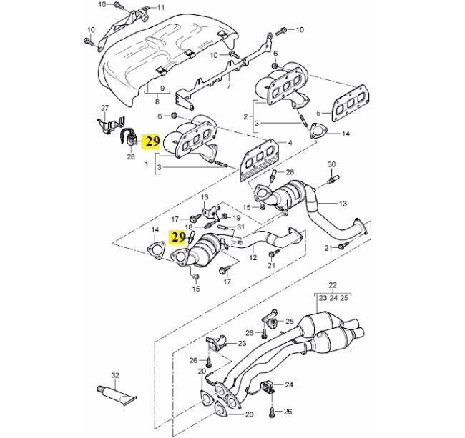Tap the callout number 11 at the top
tap(160, 8)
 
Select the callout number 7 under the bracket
tap(228, 86)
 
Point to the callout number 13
tap(343, 204)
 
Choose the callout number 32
tap(114, 374)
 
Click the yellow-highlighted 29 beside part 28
tap(152, 141)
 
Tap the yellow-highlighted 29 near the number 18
tap(176, 235)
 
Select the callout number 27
tap(105, 108)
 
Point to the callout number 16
tap(203, 196)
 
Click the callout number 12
tap(253, 257)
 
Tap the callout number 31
tap(240, 227)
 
